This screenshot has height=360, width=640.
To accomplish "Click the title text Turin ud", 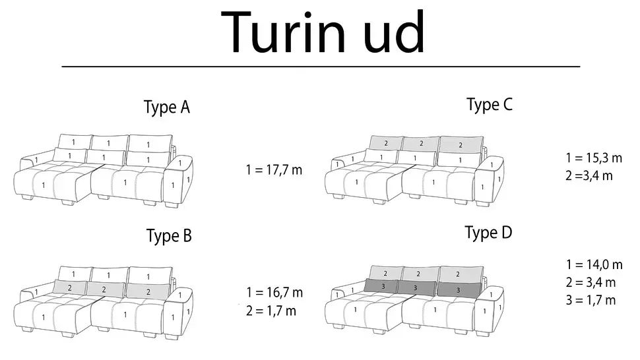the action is pos(323,32).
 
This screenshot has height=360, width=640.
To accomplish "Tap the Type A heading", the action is pos(167,107).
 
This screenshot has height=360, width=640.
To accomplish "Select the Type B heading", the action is pos(169,235).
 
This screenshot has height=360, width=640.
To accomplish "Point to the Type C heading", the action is pos(490,105).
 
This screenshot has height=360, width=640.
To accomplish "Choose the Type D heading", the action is pos(488,233).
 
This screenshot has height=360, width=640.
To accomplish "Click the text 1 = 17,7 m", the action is pos(274,169).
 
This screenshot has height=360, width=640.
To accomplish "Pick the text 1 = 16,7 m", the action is pos(274,292).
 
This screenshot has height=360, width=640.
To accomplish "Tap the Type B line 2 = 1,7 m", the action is pos(271,311).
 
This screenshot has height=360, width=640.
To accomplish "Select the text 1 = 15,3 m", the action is pos(594,158).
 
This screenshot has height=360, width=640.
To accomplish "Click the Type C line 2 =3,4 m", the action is pos(589,176).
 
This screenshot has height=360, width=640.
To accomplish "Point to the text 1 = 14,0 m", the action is pos(594,264).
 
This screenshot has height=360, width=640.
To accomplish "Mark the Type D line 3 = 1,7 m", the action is pos(591,301).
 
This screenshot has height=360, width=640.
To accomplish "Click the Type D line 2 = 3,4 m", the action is pos(591,282).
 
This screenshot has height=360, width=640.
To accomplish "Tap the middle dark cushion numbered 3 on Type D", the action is pos(416,288).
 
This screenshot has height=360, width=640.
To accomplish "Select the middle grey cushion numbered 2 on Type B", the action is pos(104,289).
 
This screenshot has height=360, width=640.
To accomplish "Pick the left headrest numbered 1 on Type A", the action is pos(75,142).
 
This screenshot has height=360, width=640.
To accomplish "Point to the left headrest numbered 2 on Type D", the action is pos(386,273).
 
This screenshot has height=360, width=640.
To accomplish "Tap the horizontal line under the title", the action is pos(321,66).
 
